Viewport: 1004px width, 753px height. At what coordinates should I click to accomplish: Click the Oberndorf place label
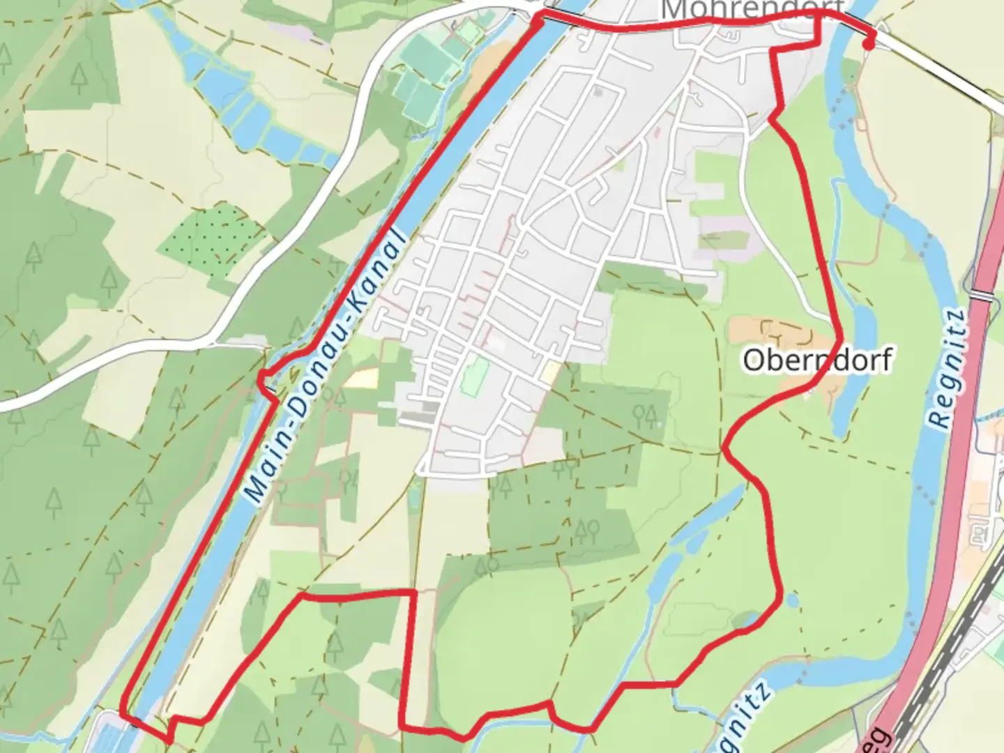(x=817, y=360)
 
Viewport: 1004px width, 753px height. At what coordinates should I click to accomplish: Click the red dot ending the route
(x=868, y=45)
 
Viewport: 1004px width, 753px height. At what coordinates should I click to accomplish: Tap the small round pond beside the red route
(x=792, y=600)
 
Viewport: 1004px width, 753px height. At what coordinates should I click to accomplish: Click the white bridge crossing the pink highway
(x=983, y=295)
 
